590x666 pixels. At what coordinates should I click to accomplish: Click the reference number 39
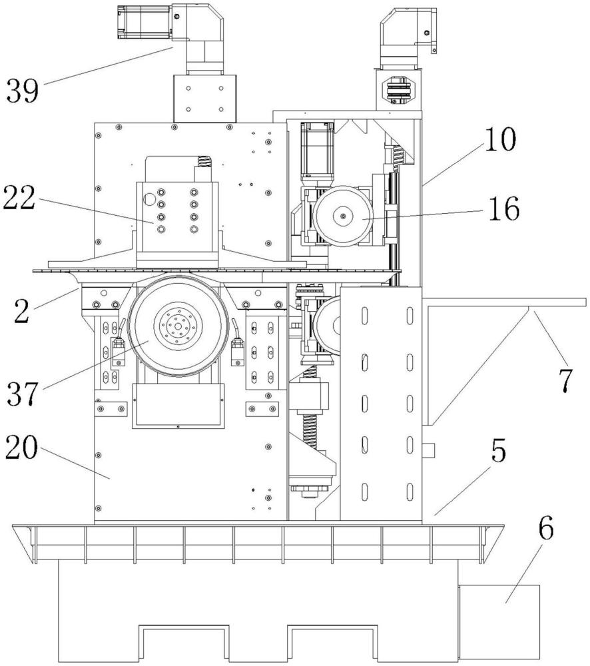22,90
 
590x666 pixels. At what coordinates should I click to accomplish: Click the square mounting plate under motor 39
204,98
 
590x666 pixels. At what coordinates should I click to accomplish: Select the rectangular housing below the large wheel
178,405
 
